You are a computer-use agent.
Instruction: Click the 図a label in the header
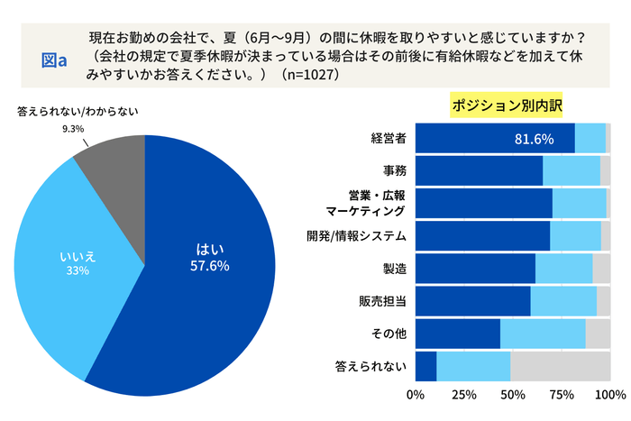(x=55, y=59)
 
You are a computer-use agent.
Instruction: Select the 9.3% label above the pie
(x=72, y=129)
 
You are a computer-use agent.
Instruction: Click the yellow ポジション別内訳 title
(x=507, y=105)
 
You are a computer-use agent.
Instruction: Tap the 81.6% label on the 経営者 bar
(x=533, y=139)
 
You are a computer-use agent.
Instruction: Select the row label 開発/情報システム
(x=357, y=236)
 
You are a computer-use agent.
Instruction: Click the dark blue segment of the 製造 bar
(x=475, y=269)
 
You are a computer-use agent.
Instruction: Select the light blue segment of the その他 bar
(x=543, y=334)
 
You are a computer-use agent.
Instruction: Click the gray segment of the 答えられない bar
(x=560, y=366)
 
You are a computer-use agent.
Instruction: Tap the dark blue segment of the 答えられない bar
(x=425, y=366)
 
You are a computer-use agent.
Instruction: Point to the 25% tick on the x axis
(x=464, y=395)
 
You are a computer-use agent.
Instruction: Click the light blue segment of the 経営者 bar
(x=590, y=138)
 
